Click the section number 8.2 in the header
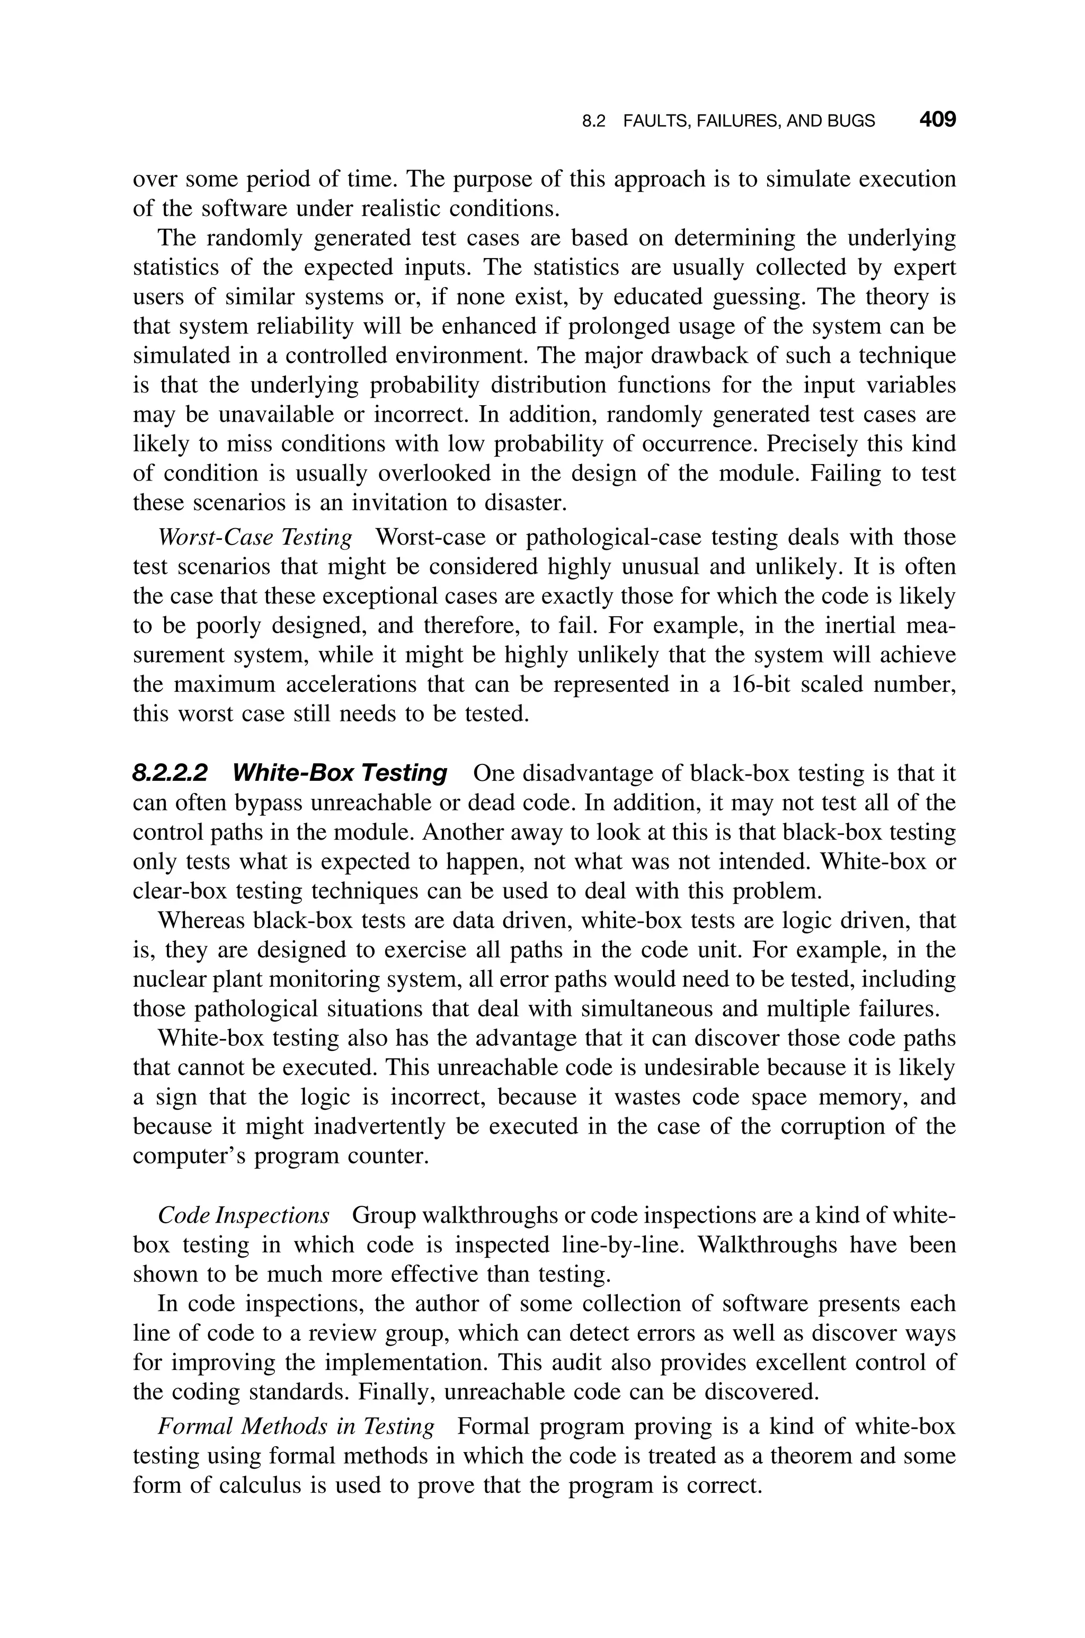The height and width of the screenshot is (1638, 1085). point(593,122)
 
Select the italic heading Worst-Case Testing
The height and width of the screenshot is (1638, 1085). point(255,538)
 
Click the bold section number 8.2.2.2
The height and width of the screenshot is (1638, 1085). point(170,773)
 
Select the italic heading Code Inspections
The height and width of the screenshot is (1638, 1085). point(244,1215)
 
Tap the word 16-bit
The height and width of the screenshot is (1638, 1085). point(762,685)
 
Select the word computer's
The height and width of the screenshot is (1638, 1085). point(190,1156)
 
